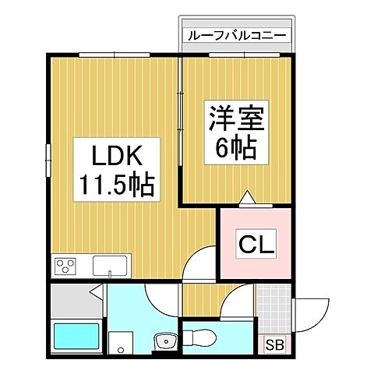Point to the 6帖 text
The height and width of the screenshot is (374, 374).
coord(237,148)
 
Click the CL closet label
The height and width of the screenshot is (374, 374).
coord(256,246)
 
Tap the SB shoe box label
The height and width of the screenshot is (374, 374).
coord(274,344)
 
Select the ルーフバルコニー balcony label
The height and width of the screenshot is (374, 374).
coord(237,36)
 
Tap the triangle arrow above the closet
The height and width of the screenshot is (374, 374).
coord(247,199)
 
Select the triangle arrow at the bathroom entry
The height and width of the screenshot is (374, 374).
coord(94,295)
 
